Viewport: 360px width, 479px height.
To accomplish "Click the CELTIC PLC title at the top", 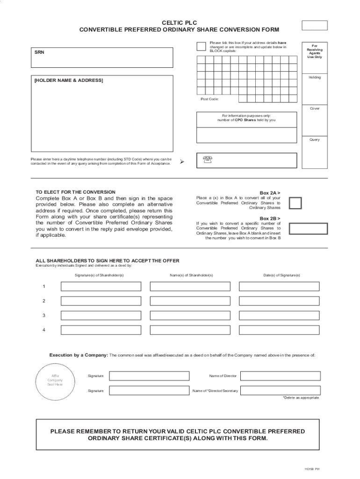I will point(180,22).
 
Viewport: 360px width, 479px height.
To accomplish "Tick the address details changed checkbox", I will point(201,46).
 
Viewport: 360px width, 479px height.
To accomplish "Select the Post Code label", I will point(209,99).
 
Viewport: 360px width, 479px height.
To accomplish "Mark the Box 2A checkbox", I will point(295,203).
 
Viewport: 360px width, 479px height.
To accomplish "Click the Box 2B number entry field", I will point(308,228).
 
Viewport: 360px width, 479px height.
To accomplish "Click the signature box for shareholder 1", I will point(101,286).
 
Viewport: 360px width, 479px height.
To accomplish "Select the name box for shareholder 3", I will point(190,315).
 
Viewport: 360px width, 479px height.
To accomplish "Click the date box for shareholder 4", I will point(279,330).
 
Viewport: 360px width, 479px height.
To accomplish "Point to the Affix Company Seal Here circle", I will point(55,379).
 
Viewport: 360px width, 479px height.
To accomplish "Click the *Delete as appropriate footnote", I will point(301,398).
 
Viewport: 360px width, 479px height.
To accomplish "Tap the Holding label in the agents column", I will point(315,77).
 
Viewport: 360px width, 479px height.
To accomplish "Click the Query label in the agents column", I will point(315,139).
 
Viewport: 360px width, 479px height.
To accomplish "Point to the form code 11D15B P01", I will point(311,469).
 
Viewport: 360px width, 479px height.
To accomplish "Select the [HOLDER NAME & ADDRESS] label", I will point(68,80).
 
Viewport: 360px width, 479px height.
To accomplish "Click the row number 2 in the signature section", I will point(44,301).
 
